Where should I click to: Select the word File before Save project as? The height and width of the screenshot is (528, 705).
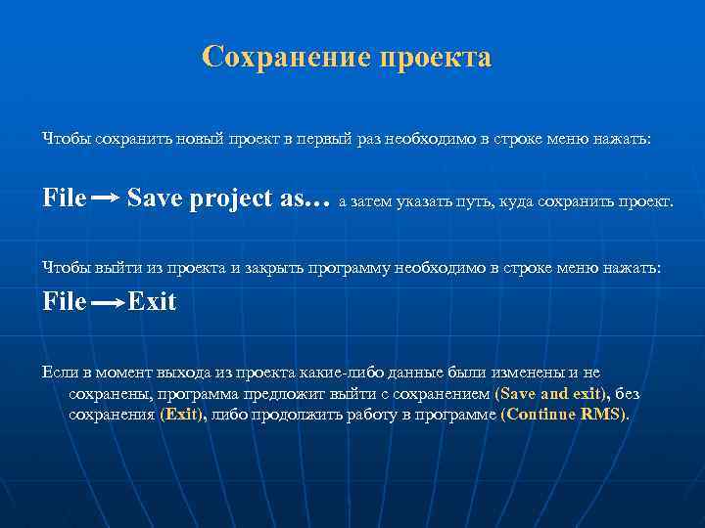pos(65,198)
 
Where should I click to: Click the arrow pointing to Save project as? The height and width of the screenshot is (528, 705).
pos(106,198)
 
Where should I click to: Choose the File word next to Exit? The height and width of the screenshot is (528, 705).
pos(65,302)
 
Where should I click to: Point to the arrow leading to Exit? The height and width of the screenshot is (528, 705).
pos(108,303)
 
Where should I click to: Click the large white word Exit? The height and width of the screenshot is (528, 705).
pos(152,302)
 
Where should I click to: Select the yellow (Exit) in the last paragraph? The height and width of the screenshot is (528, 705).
pos(183,414)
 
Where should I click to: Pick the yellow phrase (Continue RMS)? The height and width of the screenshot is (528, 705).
pos(566,414)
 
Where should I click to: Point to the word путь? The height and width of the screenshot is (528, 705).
pos(476,202)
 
